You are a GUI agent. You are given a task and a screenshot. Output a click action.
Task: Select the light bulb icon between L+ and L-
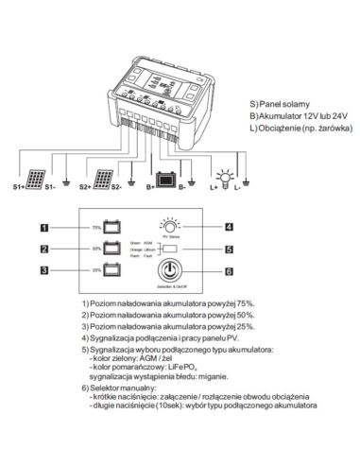pyautogui.click(x=224, y=177)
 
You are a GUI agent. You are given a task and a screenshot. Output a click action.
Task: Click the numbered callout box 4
pyautogui.click(x=229, y=227)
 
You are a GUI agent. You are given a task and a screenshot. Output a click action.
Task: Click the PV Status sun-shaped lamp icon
pyautogui.click(x=171, y=226)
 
